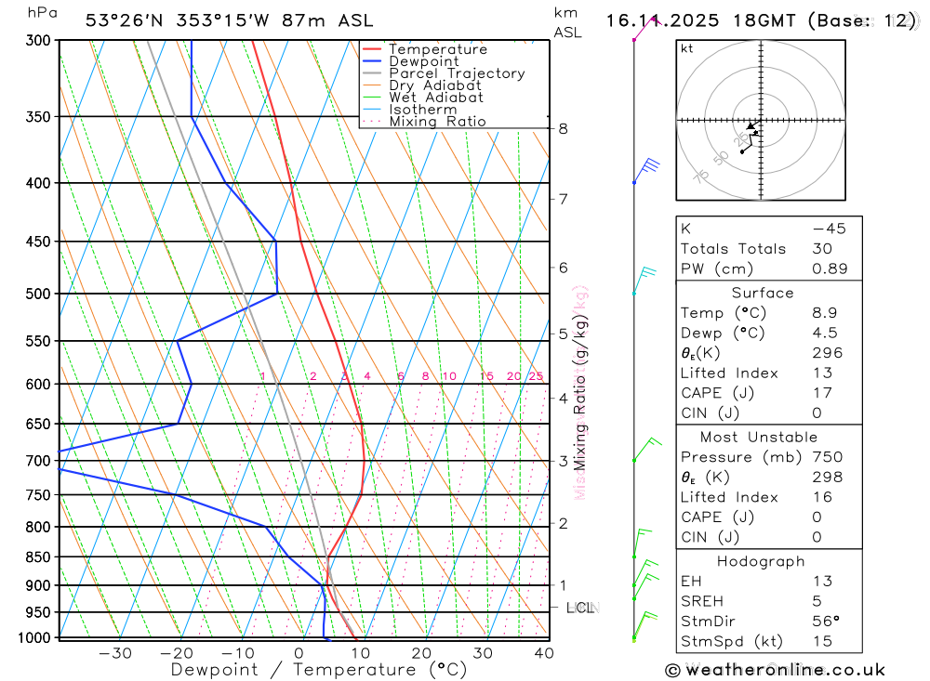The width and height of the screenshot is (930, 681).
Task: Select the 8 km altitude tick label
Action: click(563, 128)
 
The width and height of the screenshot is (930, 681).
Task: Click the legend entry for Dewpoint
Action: click(424, 61)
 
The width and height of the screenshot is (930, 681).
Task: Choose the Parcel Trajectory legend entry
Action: click(457, 73)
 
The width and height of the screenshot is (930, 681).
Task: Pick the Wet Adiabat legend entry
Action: click(436, 98)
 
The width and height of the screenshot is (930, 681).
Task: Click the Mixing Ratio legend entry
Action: click(437, 122)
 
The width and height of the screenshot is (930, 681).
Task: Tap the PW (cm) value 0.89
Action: click(830, 268)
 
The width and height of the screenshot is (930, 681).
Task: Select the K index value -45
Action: click(829, 229)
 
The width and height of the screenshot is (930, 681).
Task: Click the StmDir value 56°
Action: click(825, 622)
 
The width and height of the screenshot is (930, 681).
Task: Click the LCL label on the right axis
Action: click(580, 608)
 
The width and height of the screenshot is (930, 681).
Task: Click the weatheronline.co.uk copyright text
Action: click(775, 670)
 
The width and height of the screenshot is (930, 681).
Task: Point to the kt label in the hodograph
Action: click(687, 48)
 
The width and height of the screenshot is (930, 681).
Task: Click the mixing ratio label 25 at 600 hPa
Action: click(536, 376)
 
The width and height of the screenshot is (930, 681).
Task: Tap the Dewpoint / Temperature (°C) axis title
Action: click(318, 670)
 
